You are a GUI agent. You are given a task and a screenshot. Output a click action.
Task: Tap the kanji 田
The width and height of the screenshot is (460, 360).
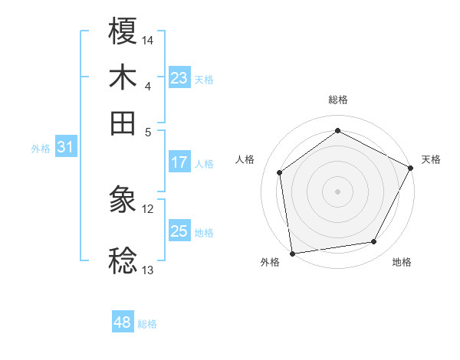(123, 123)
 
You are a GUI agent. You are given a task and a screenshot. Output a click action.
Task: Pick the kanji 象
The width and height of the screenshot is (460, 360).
(123, 201)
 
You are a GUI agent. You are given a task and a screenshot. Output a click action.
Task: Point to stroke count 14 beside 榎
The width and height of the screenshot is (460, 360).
(148, 40)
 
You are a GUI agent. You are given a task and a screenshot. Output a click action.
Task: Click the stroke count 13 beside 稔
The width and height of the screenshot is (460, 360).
(148, 270)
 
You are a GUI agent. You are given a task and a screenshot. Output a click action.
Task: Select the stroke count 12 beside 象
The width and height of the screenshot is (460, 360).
(148, 208)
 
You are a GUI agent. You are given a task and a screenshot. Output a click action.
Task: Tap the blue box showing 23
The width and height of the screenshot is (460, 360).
(179, 78)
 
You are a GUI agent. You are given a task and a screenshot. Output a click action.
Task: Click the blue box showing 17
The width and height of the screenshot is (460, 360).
(179, 162)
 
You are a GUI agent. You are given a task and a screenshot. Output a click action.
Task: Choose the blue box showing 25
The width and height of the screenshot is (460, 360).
(179, 231)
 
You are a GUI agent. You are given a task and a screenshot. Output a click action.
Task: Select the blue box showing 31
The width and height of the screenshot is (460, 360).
(65, 148)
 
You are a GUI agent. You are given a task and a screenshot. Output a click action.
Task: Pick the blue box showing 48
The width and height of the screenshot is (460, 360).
(123, 322)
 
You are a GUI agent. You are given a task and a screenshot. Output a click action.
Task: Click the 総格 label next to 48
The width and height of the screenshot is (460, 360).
(147, 324)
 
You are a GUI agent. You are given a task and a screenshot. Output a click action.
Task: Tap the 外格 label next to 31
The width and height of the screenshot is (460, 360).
(40, 149)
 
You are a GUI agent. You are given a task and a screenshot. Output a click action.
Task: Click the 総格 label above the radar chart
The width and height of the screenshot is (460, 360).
(337, 100)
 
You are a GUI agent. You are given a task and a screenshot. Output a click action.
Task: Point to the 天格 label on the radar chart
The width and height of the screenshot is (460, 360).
(431, 159)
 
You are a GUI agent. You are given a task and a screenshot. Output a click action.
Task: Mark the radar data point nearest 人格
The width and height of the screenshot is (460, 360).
(280, 172)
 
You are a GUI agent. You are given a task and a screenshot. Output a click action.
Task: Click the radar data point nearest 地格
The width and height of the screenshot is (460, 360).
(374, 242)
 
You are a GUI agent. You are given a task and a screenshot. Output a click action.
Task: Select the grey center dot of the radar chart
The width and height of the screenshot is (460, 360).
(337, 191)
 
